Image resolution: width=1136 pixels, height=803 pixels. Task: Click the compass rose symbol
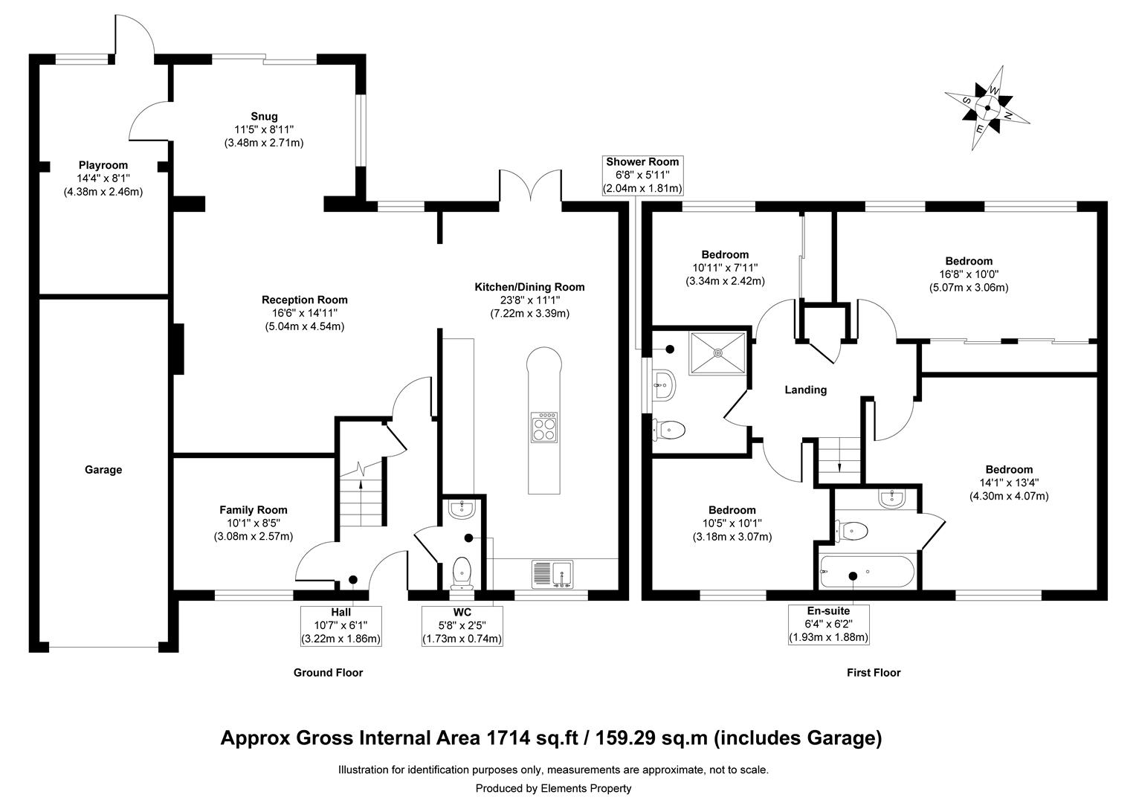[988, 108]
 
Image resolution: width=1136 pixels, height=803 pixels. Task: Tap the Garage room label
[103, 470]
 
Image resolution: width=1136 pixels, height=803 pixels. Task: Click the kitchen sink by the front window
[552, 574]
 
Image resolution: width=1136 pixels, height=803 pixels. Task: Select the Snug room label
[264, 116]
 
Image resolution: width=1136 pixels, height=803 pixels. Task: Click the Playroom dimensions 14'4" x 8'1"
[103, 178]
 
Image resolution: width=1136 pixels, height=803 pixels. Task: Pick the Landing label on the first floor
[806, 390]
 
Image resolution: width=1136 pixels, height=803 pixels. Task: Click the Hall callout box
[341, 625]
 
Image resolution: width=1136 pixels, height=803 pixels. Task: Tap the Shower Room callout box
[642, 175]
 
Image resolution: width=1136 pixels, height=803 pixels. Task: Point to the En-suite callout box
[828, 624]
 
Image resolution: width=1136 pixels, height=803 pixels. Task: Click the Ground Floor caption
[328, 673]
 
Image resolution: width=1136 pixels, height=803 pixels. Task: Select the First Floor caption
[874, 673]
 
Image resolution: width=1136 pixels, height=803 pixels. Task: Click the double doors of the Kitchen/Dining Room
[530, 186]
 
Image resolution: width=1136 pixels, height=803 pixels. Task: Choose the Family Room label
[253, 510]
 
